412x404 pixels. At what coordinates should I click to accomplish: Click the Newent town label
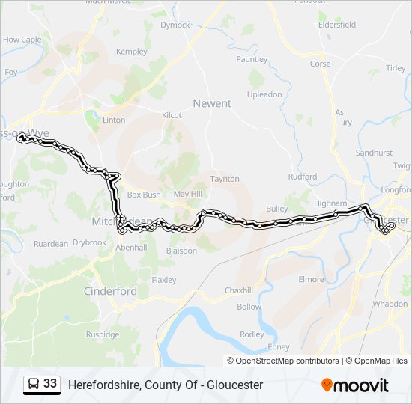212,103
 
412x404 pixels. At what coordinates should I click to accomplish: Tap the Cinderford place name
110,291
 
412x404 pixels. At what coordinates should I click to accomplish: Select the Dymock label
175,25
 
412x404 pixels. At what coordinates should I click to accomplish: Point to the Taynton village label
225,179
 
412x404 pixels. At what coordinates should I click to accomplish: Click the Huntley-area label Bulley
276,209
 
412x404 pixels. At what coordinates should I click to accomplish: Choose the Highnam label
330,203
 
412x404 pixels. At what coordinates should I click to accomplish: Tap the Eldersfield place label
337,25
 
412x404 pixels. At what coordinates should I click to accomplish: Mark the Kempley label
132,52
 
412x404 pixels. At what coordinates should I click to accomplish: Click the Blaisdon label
181,251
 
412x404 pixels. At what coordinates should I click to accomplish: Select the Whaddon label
390,304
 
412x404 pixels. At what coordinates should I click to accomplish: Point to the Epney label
278,347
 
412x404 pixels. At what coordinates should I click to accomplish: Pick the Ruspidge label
103,334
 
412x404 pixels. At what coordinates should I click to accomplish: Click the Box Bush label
144,195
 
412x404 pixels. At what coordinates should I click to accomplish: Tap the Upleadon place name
264,94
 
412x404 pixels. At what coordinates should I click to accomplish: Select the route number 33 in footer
50,384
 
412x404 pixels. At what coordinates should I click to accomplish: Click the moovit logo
355,385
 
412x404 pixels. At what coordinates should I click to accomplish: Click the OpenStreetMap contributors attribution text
288,361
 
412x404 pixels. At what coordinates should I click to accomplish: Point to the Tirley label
396,68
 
